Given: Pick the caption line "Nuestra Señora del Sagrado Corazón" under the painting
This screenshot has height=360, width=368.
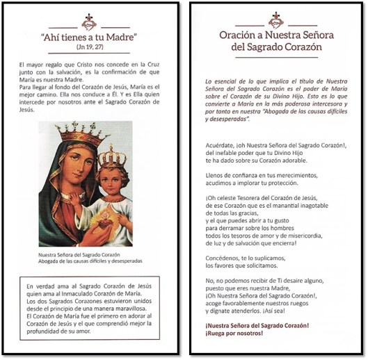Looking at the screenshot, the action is coord(81,255).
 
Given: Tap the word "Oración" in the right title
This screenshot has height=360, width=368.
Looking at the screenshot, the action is coord(241,35).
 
